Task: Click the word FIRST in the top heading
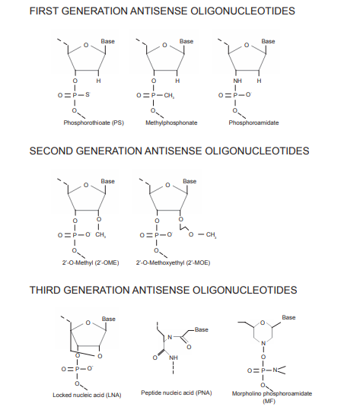[x=44, y=11]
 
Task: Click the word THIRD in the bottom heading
[x=45, y=291]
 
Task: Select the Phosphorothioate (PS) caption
[x=94, y=123]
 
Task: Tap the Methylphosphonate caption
[x=171, y=123]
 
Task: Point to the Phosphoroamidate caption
[x=253, y=123]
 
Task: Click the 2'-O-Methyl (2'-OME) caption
[x=91, y=262]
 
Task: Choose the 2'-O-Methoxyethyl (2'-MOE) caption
[x=173, y=262]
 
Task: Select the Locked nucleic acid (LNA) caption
[x=87, y=395]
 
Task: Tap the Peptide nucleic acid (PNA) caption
[x=177, y=393]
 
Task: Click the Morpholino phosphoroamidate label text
[x=272, y=393]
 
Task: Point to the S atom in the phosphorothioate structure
[x=88, y=94]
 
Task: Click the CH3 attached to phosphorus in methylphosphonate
[x=169, y=96]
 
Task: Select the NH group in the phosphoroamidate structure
[x=237, y=81]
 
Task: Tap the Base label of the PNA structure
[x=202, y=329]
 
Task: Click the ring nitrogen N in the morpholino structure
[x=263, y=343]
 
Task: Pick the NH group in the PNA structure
[x=174, y=358]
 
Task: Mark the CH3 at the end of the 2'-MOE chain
[x=211, y=235]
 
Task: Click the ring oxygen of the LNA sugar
[x=88, y=323]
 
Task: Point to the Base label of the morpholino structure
[x=289, y=318]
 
